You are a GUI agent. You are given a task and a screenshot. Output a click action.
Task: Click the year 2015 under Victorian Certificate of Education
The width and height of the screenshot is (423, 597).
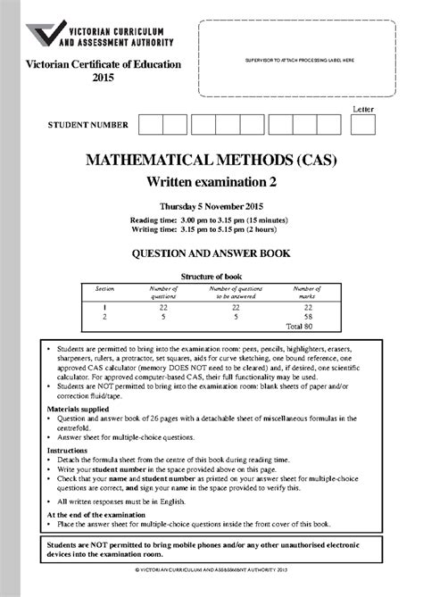pos(104,79)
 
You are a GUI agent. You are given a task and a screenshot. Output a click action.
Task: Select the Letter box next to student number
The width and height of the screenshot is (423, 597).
pos(363,125)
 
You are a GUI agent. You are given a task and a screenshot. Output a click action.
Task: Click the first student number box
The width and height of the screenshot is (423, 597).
pos(150,125)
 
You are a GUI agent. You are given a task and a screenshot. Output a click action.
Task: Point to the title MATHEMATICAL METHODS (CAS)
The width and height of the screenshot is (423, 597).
pos(212,163)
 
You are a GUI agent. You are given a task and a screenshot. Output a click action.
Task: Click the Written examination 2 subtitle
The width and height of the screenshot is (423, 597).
pos(211,183)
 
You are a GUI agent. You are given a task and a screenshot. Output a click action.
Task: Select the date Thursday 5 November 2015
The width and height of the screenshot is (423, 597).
pos(211,206)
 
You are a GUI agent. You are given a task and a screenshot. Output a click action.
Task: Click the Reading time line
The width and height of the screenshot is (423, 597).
pos(211,219)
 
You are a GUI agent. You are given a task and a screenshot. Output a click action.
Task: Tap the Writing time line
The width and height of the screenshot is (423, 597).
pos(211,229)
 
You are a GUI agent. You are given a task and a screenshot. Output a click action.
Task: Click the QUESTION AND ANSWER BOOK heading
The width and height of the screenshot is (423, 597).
pos(211,253)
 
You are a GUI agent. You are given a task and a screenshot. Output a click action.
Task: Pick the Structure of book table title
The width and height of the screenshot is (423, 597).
pos(211,277)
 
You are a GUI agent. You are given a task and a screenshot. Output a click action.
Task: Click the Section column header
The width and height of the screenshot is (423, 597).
pos(105,288)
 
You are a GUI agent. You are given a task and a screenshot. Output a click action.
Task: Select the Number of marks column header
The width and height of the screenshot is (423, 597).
pos(306,292)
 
